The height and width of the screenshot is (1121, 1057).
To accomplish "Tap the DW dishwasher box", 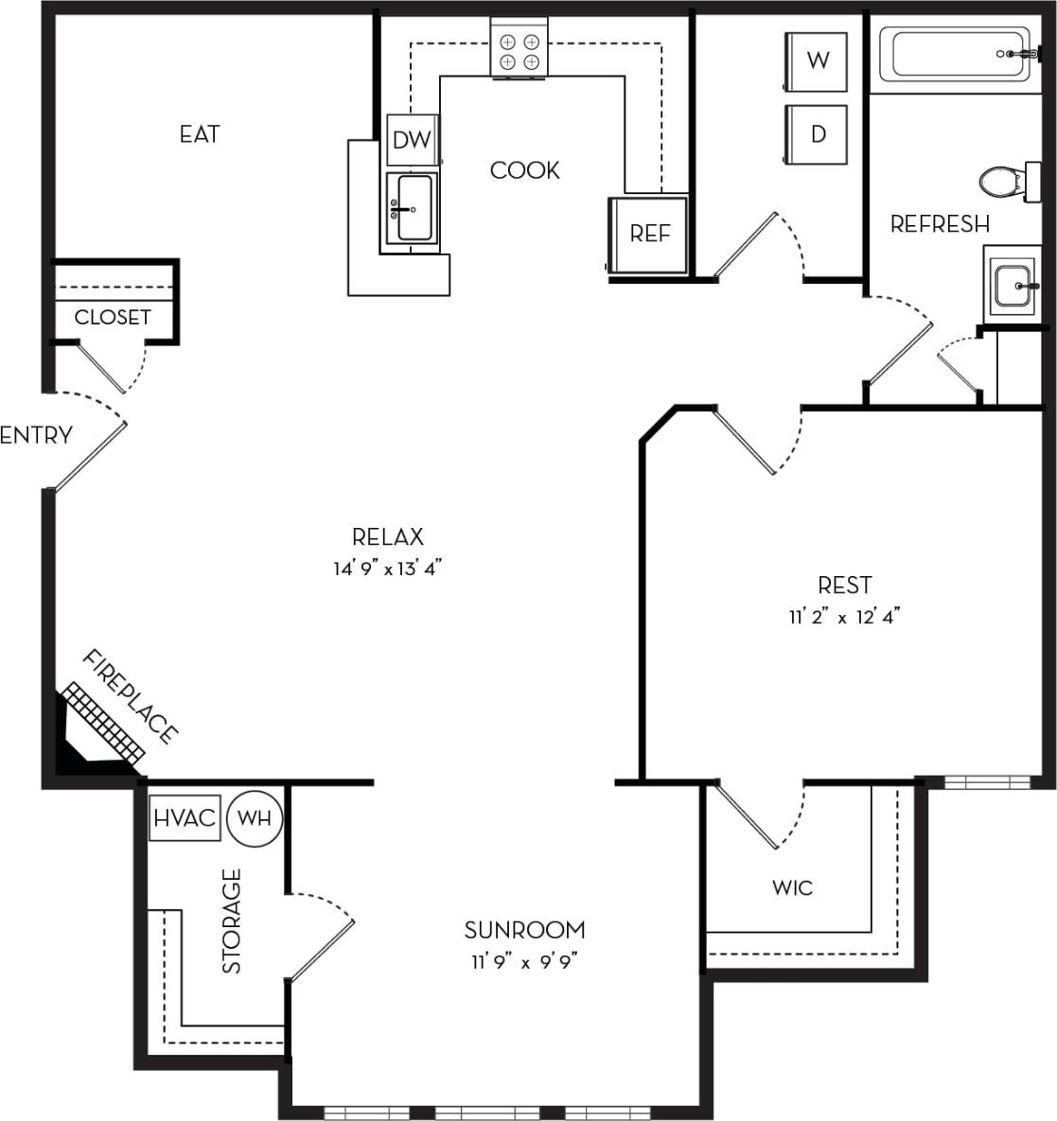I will [x=412, y=140].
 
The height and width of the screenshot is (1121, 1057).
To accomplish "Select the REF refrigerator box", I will [x=650, y=234].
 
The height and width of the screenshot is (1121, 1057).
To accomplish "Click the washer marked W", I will [x=818, y=61].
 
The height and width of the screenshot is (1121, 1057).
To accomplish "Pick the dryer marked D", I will [x=818, y=134].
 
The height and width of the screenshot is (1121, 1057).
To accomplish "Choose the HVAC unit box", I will [x=185, y=817].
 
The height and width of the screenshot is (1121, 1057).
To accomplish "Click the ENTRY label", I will [x=36, y=436].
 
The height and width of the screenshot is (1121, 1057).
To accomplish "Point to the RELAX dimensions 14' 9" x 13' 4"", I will [x=388, y=569].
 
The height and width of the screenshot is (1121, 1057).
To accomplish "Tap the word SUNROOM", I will [x=525, y=930].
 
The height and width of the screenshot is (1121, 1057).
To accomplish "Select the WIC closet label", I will [x=792, y=888].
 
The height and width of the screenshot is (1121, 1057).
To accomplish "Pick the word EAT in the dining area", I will [x=200, y=134].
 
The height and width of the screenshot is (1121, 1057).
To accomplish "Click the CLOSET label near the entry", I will [x=112, y=318].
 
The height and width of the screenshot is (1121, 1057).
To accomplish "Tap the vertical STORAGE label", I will [x=232, y=920].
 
